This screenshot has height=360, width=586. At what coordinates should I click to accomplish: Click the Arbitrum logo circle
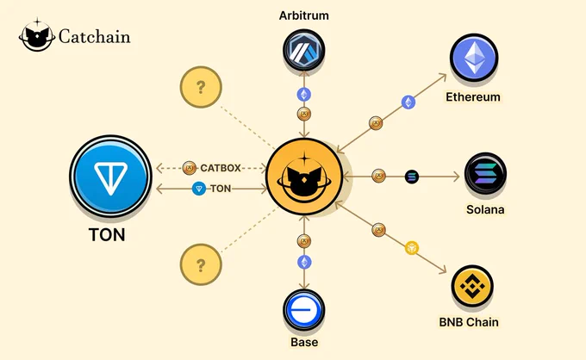[x=304, y=50]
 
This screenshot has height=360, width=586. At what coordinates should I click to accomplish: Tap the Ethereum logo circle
[x=474, y=58]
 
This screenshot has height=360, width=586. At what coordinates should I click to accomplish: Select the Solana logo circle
[x=485, y=174]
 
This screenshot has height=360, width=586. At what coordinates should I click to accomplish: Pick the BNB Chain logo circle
[x=472, y=286]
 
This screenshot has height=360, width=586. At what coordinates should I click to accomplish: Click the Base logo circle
[x=304, y=310]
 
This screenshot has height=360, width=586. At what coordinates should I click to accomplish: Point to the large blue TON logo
[x=110, y=176]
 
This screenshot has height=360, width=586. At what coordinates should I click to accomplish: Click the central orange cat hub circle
[x=304, y=177]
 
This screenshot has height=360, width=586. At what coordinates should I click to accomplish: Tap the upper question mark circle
[x=201, y=87]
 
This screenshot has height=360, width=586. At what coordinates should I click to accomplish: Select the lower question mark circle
[x=201, y=264]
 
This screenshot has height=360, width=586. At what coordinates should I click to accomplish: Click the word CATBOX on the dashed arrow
[x=221, y=168]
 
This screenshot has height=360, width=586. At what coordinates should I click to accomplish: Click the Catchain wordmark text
[x=95, y=36]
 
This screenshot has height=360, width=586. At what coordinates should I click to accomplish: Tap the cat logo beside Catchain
[x=36, y=34]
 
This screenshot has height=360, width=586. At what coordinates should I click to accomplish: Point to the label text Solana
[x=485, y=209]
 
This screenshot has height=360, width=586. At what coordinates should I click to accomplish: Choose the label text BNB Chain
[x=469, y=322]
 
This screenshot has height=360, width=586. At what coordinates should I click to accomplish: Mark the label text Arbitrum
[x=304, y=16]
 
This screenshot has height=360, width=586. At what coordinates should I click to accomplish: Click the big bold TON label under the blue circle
[x=107, y=235]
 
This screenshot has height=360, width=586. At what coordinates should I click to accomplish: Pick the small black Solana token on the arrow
[x=412, y=177]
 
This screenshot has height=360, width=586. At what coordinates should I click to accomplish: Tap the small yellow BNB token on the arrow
[x=412, y=248]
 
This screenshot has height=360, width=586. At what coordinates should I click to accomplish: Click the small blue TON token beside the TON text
[x=199, y=189]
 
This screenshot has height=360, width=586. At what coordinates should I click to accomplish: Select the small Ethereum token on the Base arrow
[x=304, y=262]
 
